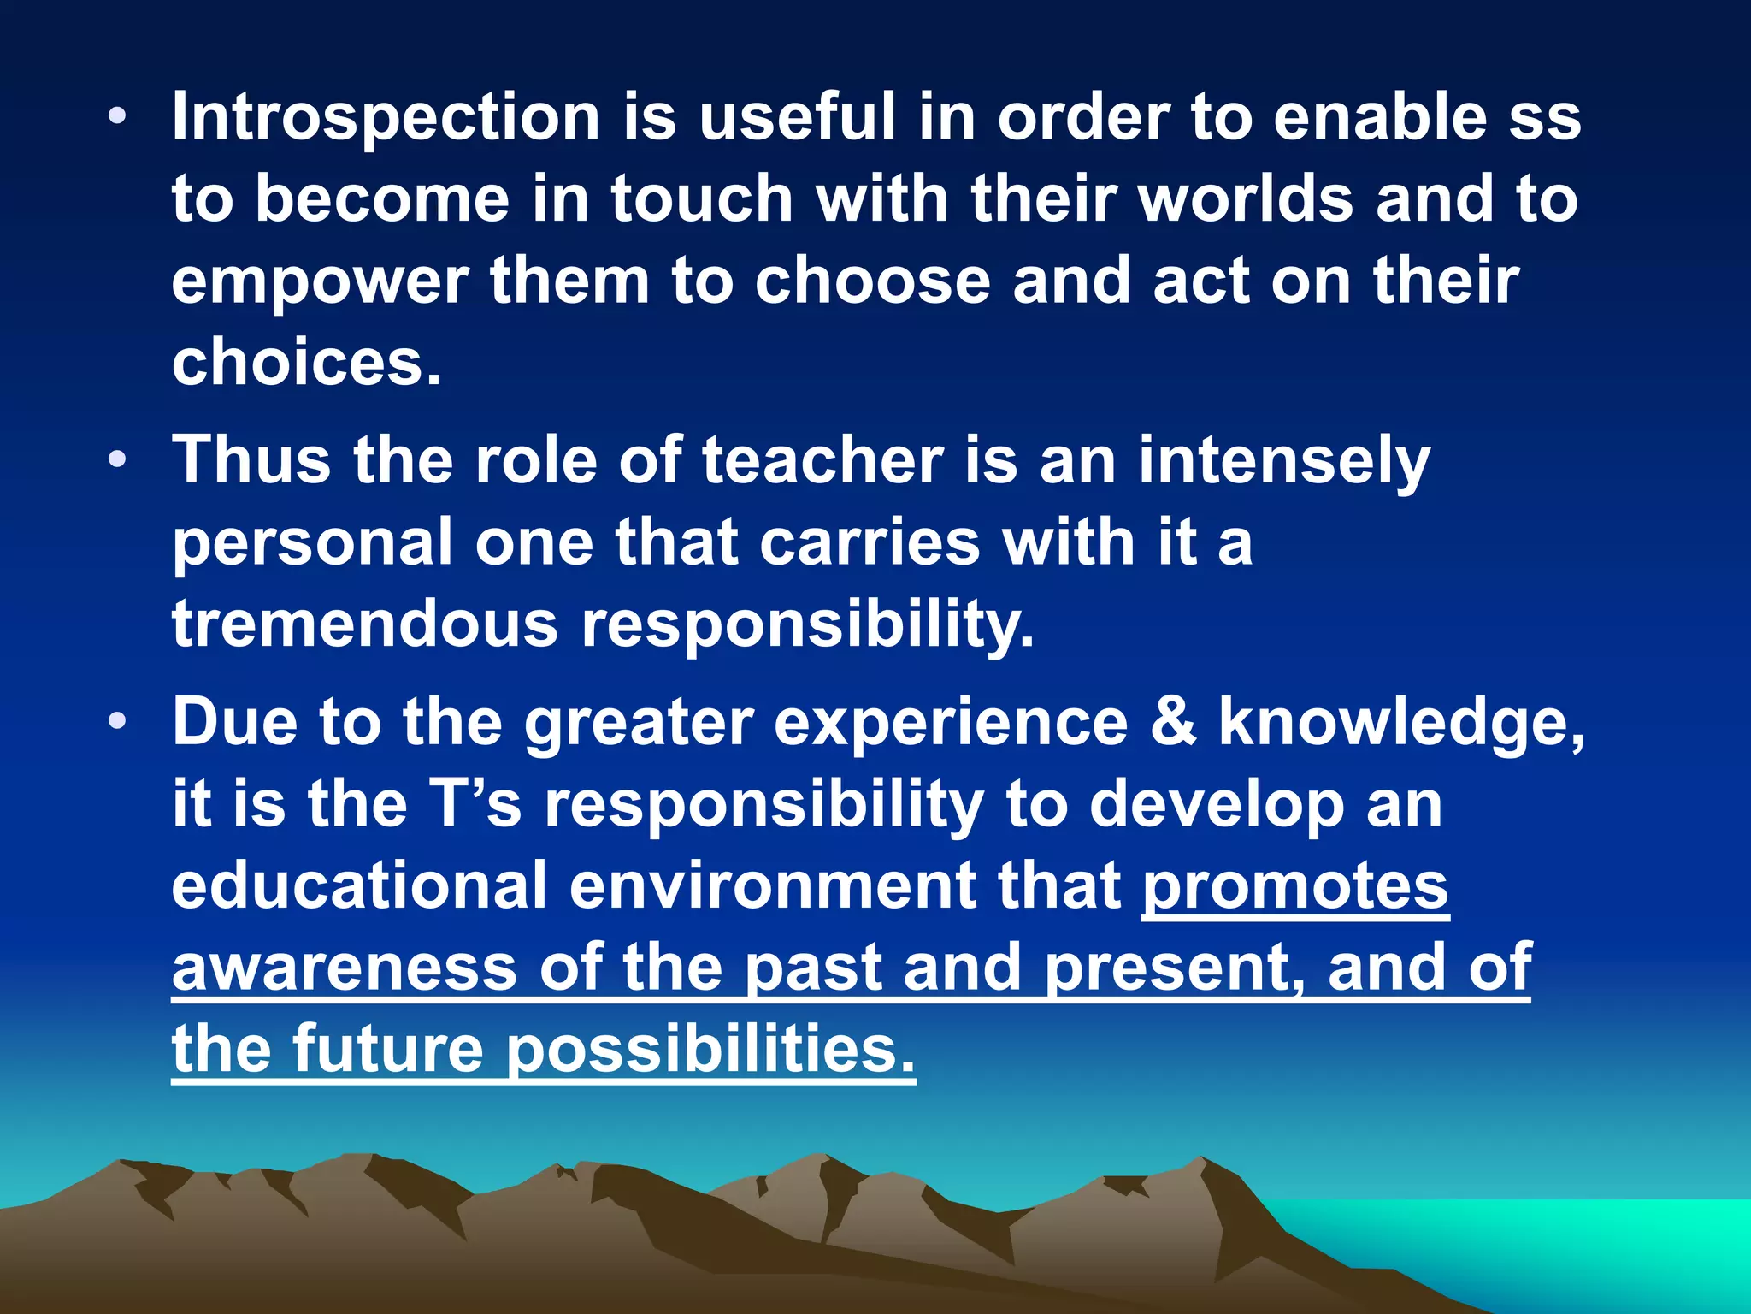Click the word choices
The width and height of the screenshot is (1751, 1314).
point(306,363)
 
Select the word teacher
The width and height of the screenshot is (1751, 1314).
point(822,460)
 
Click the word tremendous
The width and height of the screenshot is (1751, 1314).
point(365,624)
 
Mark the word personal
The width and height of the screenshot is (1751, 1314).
point(312,544)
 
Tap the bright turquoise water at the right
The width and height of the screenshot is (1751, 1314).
point(1582,1240)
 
